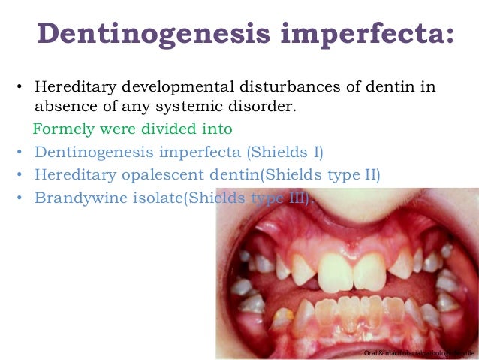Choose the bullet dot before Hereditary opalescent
click(x=18, y=177)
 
